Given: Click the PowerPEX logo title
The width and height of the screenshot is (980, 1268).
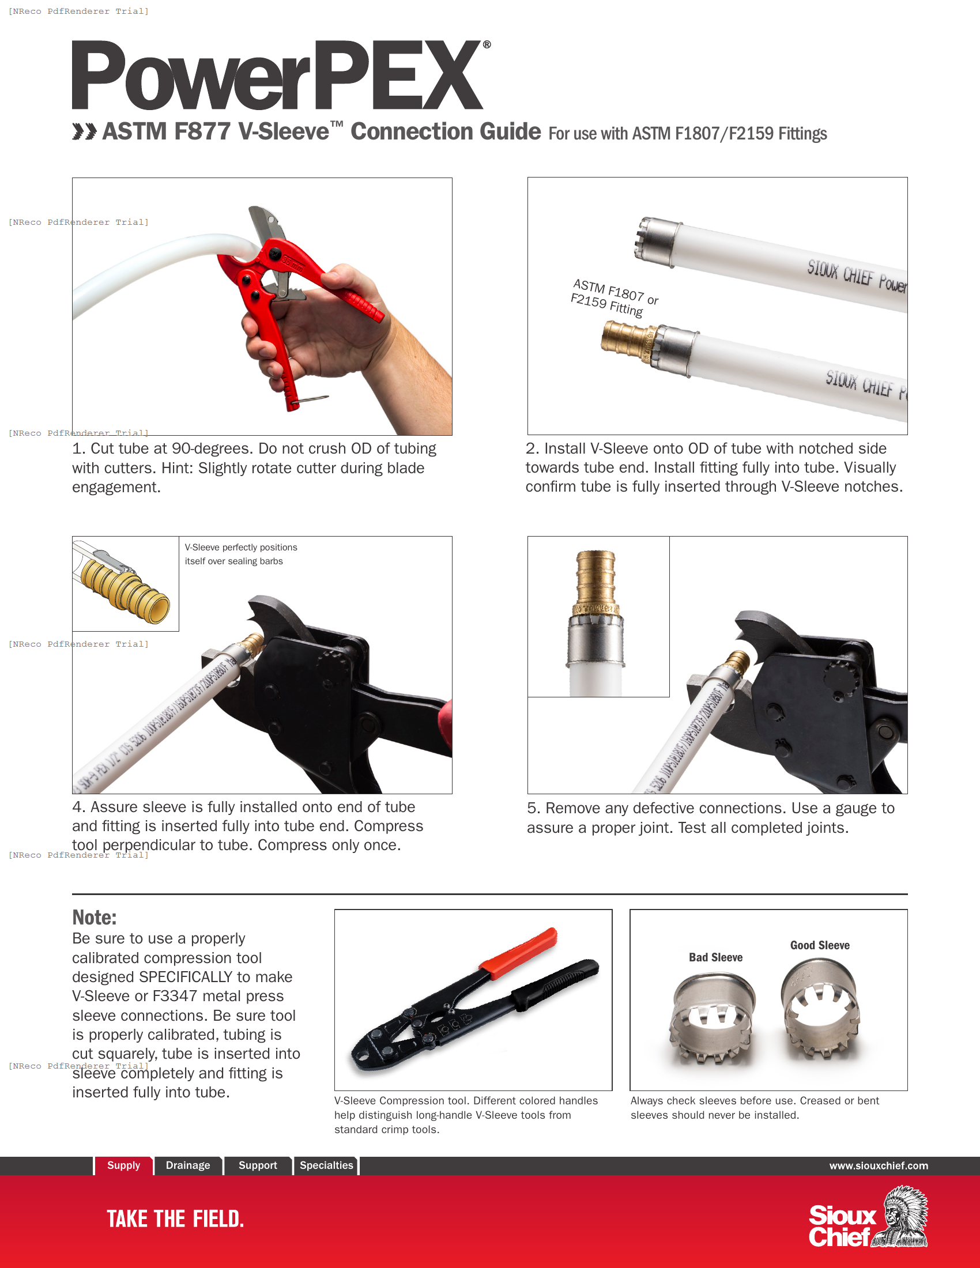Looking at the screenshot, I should click(277, 75).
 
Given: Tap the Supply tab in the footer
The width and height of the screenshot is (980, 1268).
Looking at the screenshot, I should click(124, 1165).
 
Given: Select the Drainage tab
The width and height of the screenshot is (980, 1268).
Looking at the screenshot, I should click(187, 1165).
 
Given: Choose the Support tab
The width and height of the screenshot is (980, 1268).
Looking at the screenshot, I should click(258, 1165).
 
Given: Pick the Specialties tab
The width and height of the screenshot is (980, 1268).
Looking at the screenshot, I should click(326, 1165).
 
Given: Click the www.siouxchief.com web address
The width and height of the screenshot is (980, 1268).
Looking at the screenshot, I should click(878, 1166).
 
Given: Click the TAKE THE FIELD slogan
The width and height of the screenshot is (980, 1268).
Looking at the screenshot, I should click(175, 1218).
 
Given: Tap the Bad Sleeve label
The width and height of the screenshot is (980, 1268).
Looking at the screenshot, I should click(715, 957).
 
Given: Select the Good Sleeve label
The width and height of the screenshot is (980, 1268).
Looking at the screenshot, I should click(820, 945).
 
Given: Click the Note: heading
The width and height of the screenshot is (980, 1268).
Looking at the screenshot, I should click(94, 918).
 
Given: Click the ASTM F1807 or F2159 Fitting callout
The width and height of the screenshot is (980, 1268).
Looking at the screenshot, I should click(615, 297).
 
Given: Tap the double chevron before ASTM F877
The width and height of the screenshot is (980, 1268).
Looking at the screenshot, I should click(84, 132).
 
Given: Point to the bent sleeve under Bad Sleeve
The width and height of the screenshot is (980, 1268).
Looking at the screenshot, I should click(712, 1017).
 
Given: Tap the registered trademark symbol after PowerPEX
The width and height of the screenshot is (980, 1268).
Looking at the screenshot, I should click(487, 44).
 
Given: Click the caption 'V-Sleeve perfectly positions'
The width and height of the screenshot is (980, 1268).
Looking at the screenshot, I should click(241, 548).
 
